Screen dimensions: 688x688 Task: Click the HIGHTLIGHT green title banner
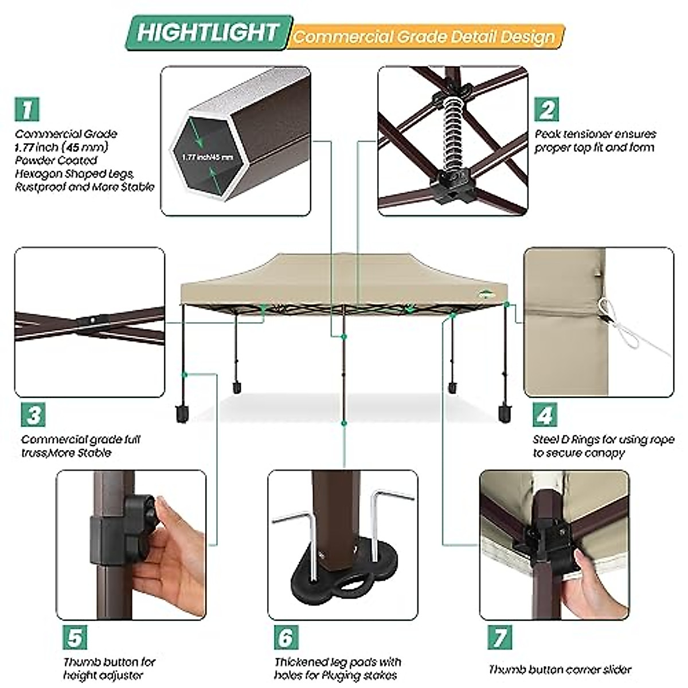click(x=208, y=33)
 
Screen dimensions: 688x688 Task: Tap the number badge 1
click(x=27, y=109)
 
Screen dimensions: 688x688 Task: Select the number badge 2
click(x=546, y=109)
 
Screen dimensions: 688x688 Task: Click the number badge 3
click(x=33, y=415)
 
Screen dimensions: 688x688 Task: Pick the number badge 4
click(x=545, y=415)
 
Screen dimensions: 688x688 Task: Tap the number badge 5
click(x=75, y=638)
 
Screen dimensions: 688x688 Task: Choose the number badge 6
click(x=286, y=638)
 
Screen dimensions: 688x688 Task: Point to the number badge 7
click(x=499, y=638)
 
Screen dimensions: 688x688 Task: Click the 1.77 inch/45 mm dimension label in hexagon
click(x=208, y=157)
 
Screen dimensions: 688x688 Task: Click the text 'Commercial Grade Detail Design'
click(x=424, y=37)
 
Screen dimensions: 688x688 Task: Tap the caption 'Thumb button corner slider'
click(x=560, y=669)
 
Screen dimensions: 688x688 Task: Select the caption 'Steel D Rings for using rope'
click(x=603, y=440)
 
